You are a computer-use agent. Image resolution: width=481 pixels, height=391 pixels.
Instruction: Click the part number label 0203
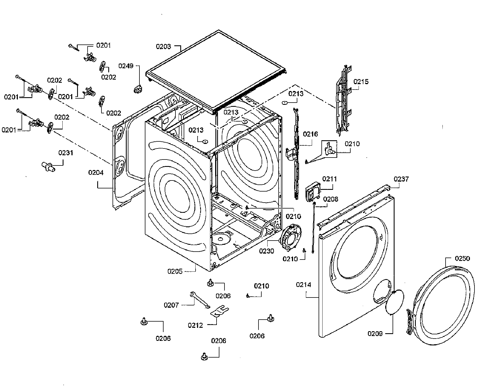[x=163, y=46]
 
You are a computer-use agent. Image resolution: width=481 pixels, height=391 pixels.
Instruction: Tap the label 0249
[x=126, y=66]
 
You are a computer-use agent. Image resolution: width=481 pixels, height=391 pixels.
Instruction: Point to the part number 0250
[x=462, y=258]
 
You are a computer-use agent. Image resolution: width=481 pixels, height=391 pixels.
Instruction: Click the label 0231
[x=66, y=153]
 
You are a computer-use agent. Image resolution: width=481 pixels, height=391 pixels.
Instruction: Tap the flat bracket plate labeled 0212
[x=220, y=312]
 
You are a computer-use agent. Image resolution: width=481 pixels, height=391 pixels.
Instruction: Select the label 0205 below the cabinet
[x=175, y=271]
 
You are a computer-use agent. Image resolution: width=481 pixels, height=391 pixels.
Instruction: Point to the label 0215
[x=361, y=82]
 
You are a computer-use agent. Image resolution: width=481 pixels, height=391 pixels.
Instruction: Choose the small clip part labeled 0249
[x=138, y=89]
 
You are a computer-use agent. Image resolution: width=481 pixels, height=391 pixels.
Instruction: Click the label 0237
[x=401, y=179]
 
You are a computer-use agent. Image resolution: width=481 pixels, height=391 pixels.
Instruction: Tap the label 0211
[x=329, y=179]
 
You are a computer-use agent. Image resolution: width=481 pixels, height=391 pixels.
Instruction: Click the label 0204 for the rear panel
[x=96, y=173]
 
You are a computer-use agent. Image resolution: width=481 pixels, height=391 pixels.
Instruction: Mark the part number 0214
[x=304, y=285]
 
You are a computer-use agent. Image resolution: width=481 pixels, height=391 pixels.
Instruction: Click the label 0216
[x=310, y=134]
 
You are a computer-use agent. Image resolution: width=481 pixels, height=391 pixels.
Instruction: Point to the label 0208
[x=330, y=199]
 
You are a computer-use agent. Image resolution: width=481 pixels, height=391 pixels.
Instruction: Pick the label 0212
[x=196, y=325]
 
